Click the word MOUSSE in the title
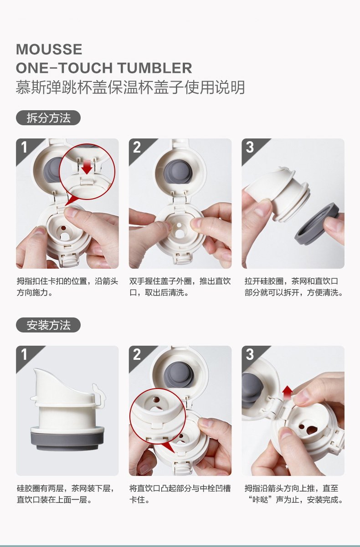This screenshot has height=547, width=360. pyautogui.click(x=49, y=49)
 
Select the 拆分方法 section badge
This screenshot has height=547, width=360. pyautogui.click(x=48, y=118)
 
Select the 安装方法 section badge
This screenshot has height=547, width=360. pyautogui.click(x=48, y=325)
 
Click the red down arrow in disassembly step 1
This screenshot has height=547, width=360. pyautogui.click(x=87, y=167)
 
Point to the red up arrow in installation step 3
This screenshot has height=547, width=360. pyautogui.click(x=288, y=393)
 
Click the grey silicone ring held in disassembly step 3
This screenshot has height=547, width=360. pyautogui.click(x=317, y=222)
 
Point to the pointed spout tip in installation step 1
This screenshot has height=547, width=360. pyautogui.click(x=35, y=370)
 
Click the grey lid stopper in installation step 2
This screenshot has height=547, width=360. pyautogui.click(x=179, y=373)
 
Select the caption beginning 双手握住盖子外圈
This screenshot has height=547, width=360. pyautogui.click(x=180, y=286)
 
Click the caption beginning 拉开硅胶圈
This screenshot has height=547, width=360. pyautogui.click(x=293, y=286)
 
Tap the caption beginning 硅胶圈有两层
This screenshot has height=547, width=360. pyautogui.click(x=66, y=494)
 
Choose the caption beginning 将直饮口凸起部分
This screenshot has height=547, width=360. pyautogui.click(x=180, y=494)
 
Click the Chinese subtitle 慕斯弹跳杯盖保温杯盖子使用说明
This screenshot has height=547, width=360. pyautogui.click(x=130, y=87)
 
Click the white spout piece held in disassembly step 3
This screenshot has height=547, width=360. pyautogui.click(x=278, y=193)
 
